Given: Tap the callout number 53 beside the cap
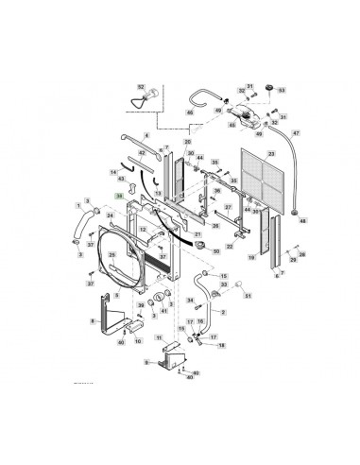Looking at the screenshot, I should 281,91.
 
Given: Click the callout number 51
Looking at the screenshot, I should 250,296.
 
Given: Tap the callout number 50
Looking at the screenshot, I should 216,251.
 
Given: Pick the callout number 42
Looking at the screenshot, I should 142,152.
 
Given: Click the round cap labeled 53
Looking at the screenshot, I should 266,90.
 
